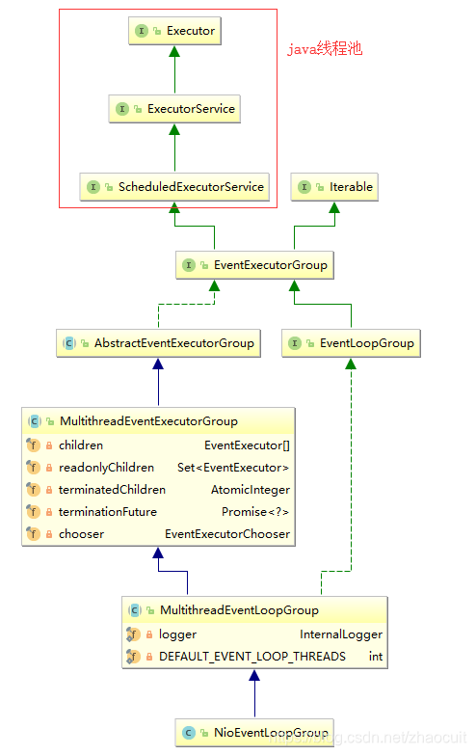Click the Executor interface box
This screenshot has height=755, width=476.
[174, 31]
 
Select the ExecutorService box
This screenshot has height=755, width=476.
[174, 109]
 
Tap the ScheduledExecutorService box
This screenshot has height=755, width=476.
[174, 187]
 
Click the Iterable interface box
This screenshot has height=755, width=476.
[335, 187]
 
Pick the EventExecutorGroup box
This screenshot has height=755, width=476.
[254, 265]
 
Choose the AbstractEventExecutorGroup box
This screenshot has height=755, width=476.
[159, 342]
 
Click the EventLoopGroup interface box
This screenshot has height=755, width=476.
[351, 342]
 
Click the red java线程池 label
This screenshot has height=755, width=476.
[326, 48]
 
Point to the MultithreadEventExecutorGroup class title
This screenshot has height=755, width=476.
[148, 421]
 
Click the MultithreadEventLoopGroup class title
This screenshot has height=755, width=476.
[239, 610]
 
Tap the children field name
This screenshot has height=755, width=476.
[81, 445]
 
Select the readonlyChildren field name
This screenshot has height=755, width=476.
[106, 468]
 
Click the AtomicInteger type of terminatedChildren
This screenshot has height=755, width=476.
[250, 490]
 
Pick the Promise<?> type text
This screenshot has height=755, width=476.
[254, 512]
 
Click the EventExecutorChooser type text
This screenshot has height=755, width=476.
[226, 534]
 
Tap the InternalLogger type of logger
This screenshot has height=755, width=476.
[341, 634]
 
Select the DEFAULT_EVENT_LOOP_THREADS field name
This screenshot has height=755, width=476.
[251, 657]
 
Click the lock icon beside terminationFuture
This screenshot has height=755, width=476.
[48, 512]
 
